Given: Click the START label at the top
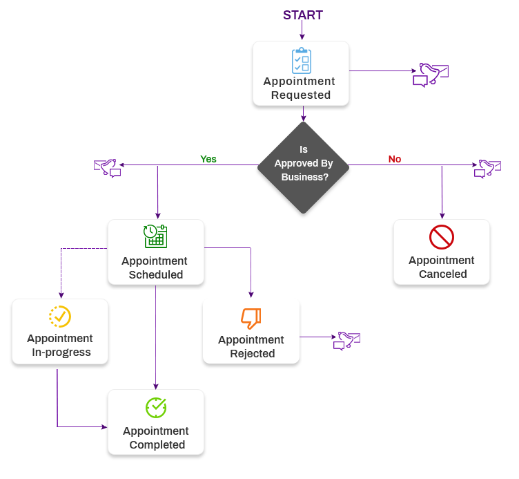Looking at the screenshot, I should click(302, 15).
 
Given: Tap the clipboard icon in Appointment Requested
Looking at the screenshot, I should click(301, 60).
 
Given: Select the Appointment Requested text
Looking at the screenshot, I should click(300, 88).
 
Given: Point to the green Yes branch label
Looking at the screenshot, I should click(208, 159).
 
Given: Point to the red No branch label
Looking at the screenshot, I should click(394, 160).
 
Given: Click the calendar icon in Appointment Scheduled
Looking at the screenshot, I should click(155, 236).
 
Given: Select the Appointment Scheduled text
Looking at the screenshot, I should click(155, 268).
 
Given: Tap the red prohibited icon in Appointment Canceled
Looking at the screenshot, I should click(441, 237).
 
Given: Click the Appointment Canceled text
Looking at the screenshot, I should click(442, 267).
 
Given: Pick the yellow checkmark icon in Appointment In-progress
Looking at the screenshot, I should click(60, 316).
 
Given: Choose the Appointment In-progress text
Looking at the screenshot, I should click(60, 346).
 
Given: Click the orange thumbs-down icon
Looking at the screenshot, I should click(251, 318).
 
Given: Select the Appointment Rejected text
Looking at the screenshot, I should click(251, 347).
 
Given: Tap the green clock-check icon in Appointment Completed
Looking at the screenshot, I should click(156, 408).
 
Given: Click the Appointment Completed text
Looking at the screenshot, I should click(156, 438).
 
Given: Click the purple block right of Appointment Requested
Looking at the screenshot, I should click(432, 75).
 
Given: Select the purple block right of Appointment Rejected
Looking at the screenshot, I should click(349, 341).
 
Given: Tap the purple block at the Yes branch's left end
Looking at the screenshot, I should click(106, 169).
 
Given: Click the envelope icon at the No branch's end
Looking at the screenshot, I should click(489, 168).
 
